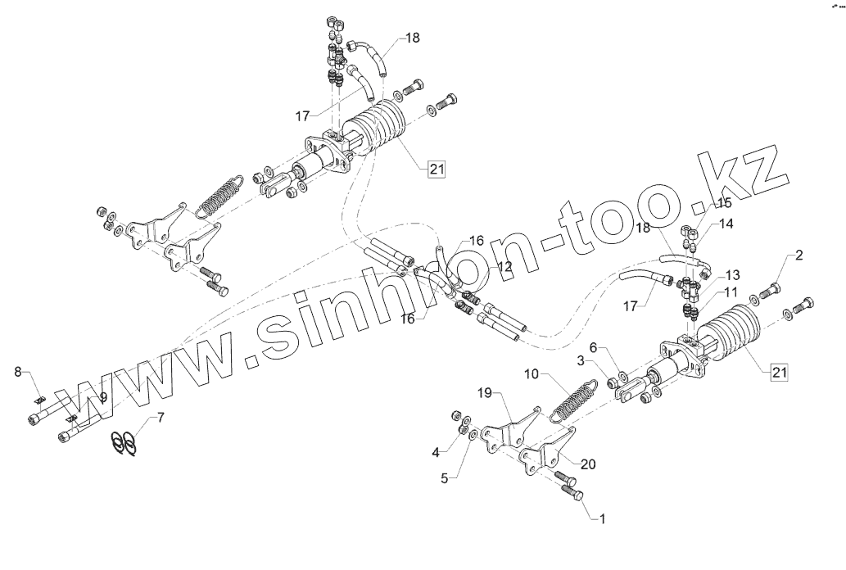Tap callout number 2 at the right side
pyautogui.click(x=798, y=256)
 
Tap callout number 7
pyautogui.click(x=161, y=418)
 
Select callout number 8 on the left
pyautogui.click(x=18, y=373)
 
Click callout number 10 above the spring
pyautogui.click(x=531, y=373)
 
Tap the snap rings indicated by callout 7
pyautogui.click(x=123, y=441)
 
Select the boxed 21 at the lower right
pyautogui.click(x=779, y=373)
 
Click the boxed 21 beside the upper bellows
pyautogui.click(x=435, y=170)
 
